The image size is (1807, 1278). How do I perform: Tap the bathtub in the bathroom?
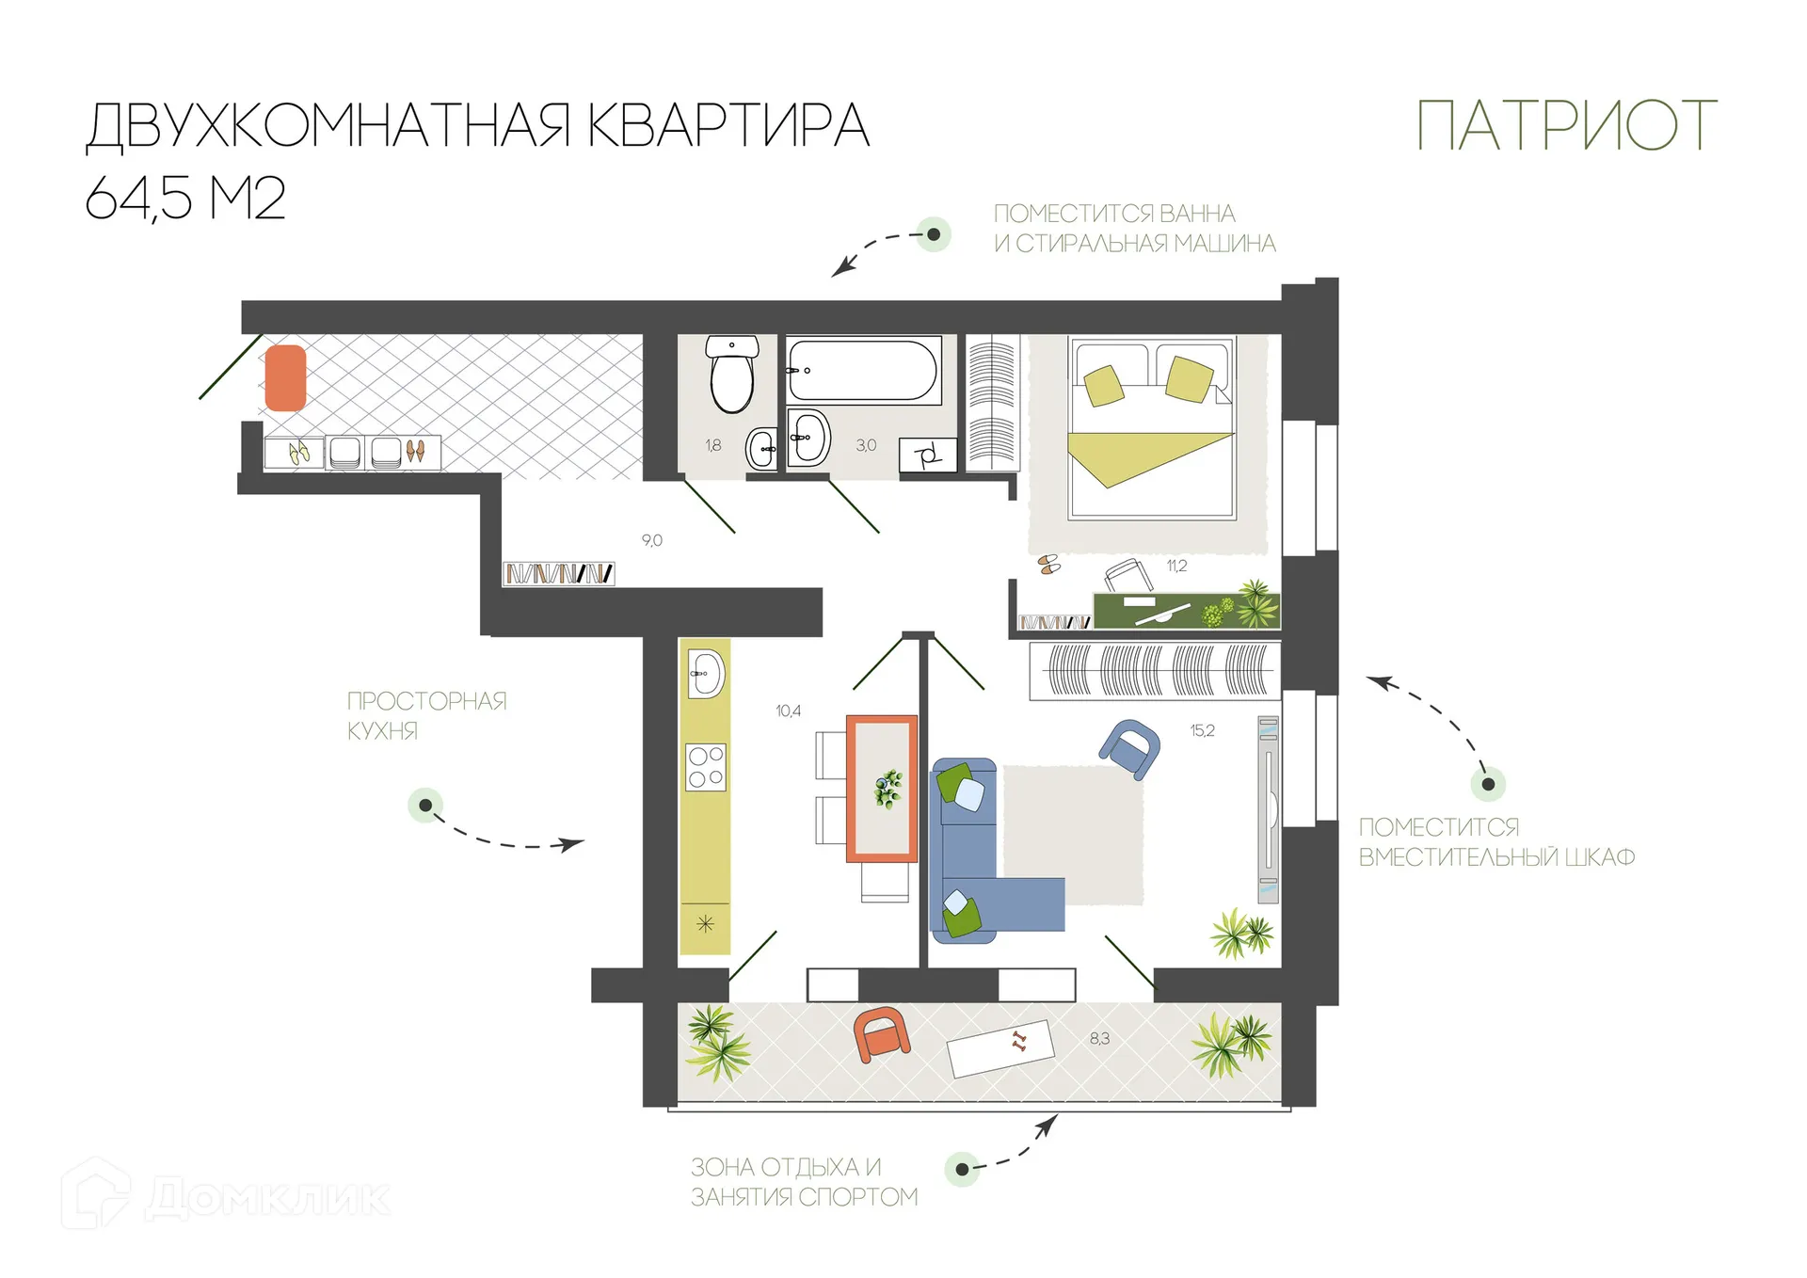click(862, 371)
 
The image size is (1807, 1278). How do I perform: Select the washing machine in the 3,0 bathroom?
click(927, 455)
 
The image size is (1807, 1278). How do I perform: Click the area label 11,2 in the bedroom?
click(1176, 566)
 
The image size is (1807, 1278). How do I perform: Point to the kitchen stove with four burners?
click(705, 767)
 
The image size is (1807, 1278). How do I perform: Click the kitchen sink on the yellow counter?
click(705, 674)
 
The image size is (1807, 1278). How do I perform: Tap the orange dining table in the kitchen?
click(881, 789)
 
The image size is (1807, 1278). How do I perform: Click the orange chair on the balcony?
click(881, 1034)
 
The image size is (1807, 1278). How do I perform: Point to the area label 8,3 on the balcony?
click(1099, 1038)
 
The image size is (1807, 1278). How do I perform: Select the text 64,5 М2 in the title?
click(185, 199)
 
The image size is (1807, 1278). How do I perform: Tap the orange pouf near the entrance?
click(285, 377)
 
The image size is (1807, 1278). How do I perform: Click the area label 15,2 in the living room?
click(1202, 730)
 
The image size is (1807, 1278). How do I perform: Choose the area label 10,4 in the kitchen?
click(788, 711)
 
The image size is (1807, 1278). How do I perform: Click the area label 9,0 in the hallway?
click(651, 540)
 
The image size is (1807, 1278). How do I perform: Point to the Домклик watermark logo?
click(226, 1197)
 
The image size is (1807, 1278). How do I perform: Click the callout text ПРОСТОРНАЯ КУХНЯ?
click(426, 715)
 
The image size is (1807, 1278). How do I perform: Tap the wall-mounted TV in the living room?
click(1268, 809)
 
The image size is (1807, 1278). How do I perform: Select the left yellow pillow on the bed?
click(1104, 385)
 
